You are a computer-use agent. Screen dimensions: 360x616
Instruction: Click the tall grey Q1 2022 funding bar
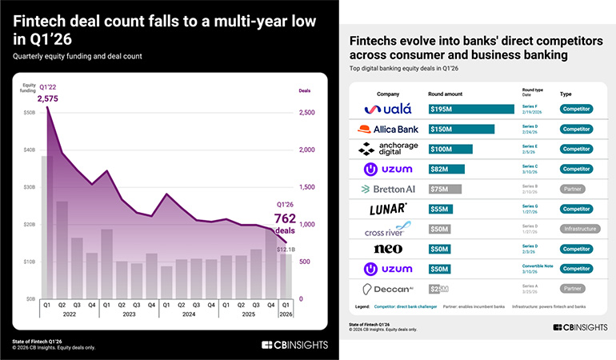click(47, 226)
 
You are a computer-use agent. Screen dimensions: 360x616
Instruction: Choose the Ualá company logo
click(387, 109)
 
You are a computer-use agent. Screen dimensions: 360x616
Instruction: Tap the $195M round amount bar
click(471, 109)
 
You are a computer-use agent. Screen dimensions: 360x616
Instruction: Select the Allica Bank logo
click(387, 129)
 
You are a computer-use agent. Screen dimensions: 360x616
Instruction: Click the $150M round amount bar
click(461, 129)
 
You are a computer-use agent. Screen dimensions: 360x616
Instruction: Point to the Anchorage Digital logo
click(387, 149)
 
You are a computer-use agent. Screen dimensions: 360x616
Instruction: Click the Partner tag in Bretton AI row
click(575, 189)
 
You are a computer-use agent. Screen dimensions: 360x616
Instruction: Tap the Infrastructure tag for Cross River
click(575, 229)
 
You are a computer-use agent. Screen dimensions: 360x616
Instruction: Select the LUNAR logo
click(387, 209)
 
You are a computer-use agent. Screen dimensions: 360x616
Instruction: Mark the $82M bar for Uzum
click(446, 169)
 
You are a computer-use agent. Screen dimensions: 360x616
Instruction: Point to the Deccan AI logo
click(387, 289)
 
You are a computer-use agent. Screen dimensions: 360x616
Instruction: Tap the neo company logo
click(387, 249)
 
